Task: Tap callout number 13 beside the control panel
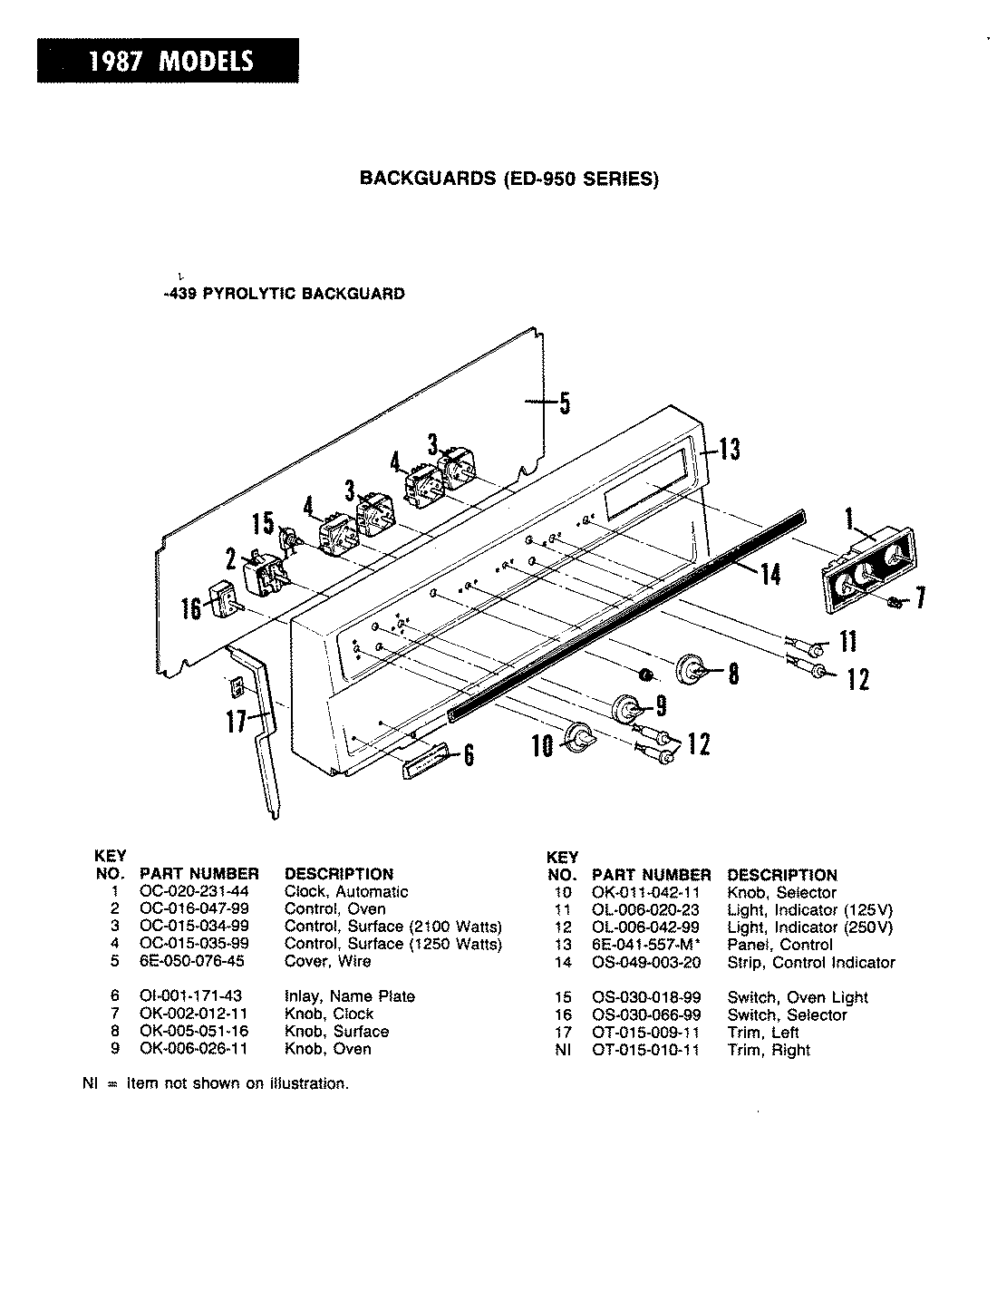(729, 449)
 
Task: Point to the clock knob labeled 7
(896, 601)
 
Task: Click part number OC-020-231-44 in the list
(196, 892)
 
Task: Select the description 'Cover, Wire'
(327, 961)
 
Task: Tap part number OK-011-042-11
(647, 893)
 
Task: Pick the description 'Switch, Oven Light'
(797, 997)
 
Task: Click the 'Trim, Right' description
(769, 1050)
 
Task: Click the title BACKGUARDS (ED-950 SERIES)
(508, 179)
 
